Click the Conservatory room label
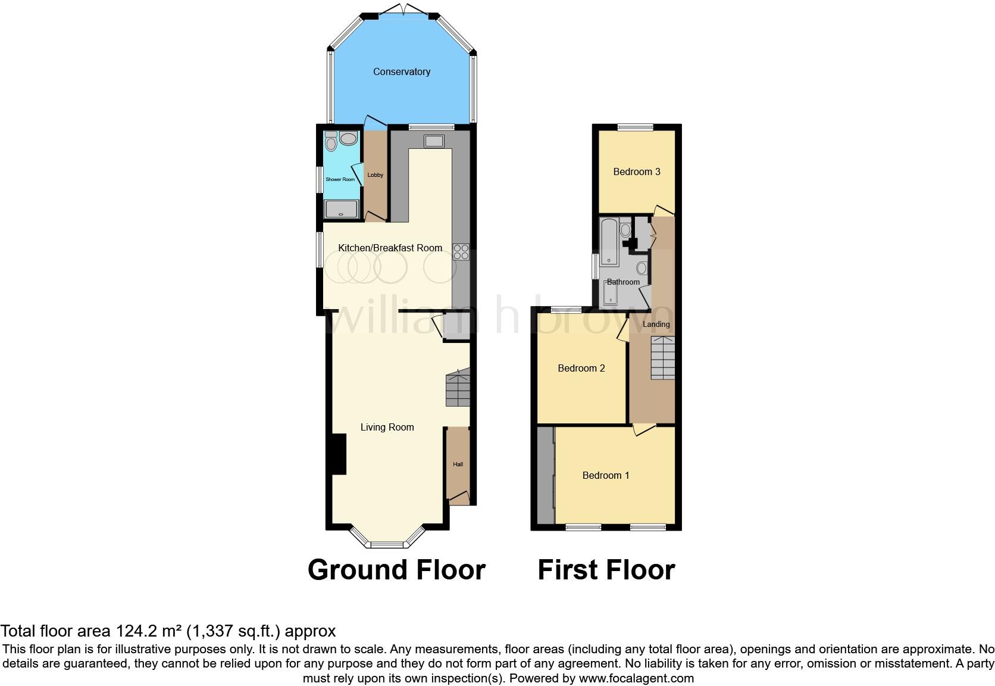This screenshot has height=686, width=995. pos(402,71)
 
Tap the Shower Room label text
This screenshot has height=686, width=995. pos(340,179)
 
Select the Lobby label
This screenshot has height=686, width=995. pos(376,175)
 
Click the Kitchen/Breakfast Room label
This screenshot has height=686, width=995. pos(390,248)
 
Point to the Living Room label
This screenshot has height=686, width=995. pos(387,427)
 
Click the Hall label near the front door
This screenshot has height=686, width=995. pos(458,464)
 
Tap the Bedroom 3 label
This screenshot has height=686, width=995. pos(637,171)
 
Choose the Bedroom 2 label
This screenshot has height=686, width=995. pos(581,368)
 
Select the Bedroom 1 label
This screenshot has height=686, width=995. pos(606,475)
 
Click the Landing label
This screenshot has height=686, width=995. pos(656,325)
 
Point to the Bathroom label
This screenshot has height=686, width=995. pos(623,282)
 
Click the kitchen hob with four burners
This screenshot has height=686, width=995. pos(461,252)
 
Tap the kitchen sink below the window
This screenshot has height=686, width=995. pos(433,141)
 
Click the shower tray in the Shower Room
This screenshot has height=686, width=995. pos(341,209)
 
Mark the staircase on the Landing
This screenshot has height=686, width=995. pos(662,358)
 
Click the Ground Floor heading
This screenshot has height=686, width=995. pos(396,570)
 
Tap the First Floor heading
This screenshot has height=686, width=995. pos(606,570)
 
